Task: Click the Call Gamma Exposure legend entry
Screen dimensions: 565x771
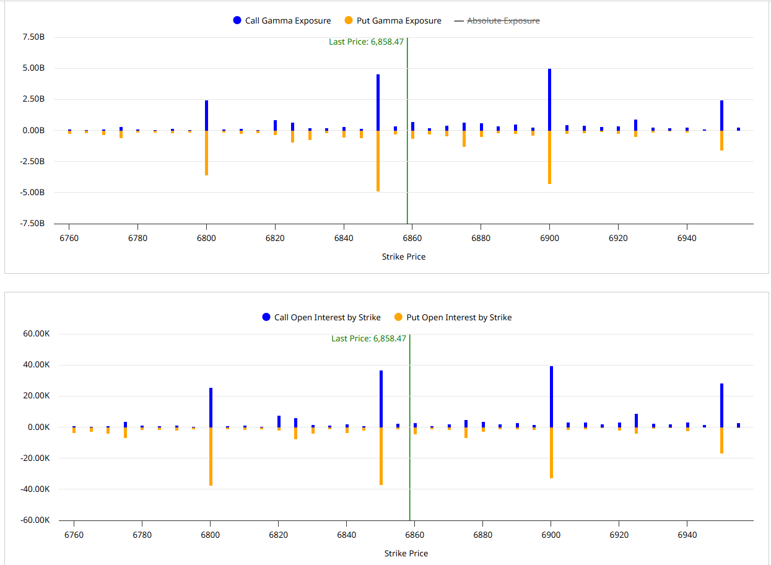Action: tap(282, 20)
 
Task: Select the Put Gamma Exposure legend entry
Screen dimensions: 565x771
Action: tap(393, 20)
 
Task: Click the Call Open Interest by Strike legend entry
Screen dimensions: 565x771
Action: tap(321, 317)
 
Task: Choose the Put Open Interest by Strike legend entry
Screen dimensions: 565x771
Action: tap(453, 317)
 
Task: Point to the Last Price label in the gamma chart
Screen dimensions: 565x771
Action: tap(366, 42)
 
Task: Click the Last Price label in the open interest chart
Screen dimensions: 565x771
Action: tap(368, 338)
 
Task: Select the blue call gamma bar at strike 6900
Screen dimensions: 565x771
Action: tap(549, 99)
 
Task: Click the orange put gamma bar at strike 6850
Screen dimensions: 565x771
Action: tap(378, 160)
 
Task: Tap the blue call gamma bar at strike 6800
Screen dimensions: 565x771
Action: tap(206, 115)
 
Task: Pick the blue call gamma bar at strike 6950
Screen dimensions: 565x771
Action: tap(721, 115)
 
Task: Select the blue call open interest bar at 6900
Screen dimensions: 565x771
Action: tap(551, 396)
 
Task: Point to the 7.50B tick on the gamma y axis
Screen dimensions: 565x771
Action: tap(33, 37)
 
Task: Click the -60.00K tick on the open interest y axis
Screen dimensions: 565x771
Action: tap(35, 520)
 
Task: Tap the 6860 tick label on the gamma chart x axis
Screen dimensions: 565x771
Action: tap(412, 238)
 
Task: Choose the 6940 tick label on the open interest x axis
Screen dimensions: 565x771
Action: tap(687, 534)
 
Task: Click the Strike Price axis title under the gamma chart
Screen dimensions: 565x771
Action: tap(403, 256)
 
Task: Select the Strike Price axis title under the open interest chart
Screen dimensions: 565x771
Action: tap(406, 553)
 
